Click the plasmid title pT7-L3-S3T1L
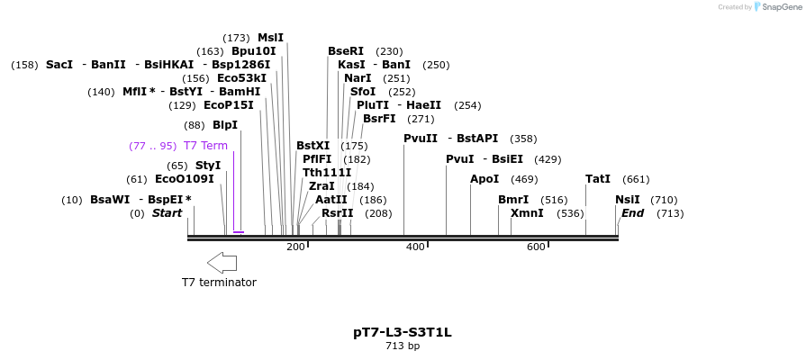tap(403, 332)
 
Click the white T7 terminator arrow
tap(222, 263)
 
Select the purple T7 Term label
tap(205, 146)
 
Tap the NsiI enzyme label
tap(628, 200)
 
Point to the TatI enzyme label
tap(598, 179)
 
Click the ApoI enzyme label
tap(485, 179)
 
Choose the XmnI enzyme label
tap(527, 213)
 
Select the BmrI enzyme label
tap(513, 200)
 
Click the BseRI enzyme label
tap(346, 51)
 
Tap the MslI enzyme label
tap(270, 38)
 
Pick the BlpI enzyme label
tap(225, 125)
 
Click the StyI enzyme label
tap(208, 166)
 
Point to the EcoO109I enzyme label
tap(185, 179)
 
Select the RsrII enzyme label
tap(338, 213)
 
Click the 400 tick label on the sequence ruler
tap(416, 247)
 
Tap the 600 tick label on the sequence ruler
tap(536, 247)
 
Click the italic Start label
tap(167, 213)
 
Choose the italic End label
tap(632, 213)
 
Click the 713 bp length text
tap(403, 346)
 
